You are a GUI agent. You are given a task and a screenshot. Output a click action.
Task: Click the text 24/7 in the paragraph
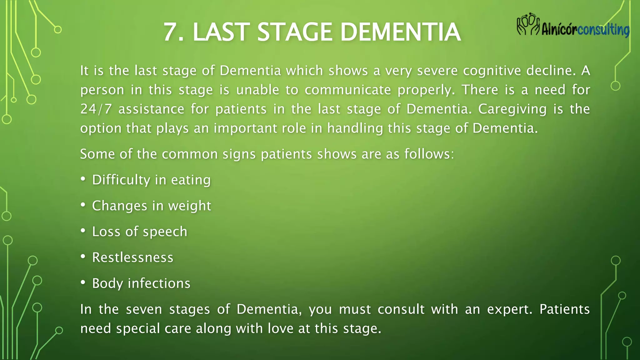[x=96, y=109]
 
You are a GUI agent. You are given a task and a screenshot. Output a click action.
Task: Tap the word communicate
[x=347, y=90]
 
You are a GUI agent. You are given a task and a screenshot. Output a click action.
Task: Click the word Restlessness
[x=132, y=257]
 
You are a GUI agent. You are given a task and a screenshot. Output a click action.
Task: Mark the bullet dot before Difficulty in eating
[x=83, y=179]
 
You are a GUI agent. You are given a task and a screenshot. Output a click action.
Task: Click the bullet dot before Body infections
[x=83, y=282]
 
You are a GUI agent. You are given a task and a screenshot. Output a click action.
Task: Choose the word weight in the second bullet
[x=190, y=206]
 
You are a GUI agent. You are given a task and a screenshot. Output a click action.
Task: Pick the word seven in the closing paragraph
[x=144, y=309]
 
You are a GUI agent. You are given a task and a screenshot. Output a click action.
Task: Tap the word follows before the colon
[x=427, y=154]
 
